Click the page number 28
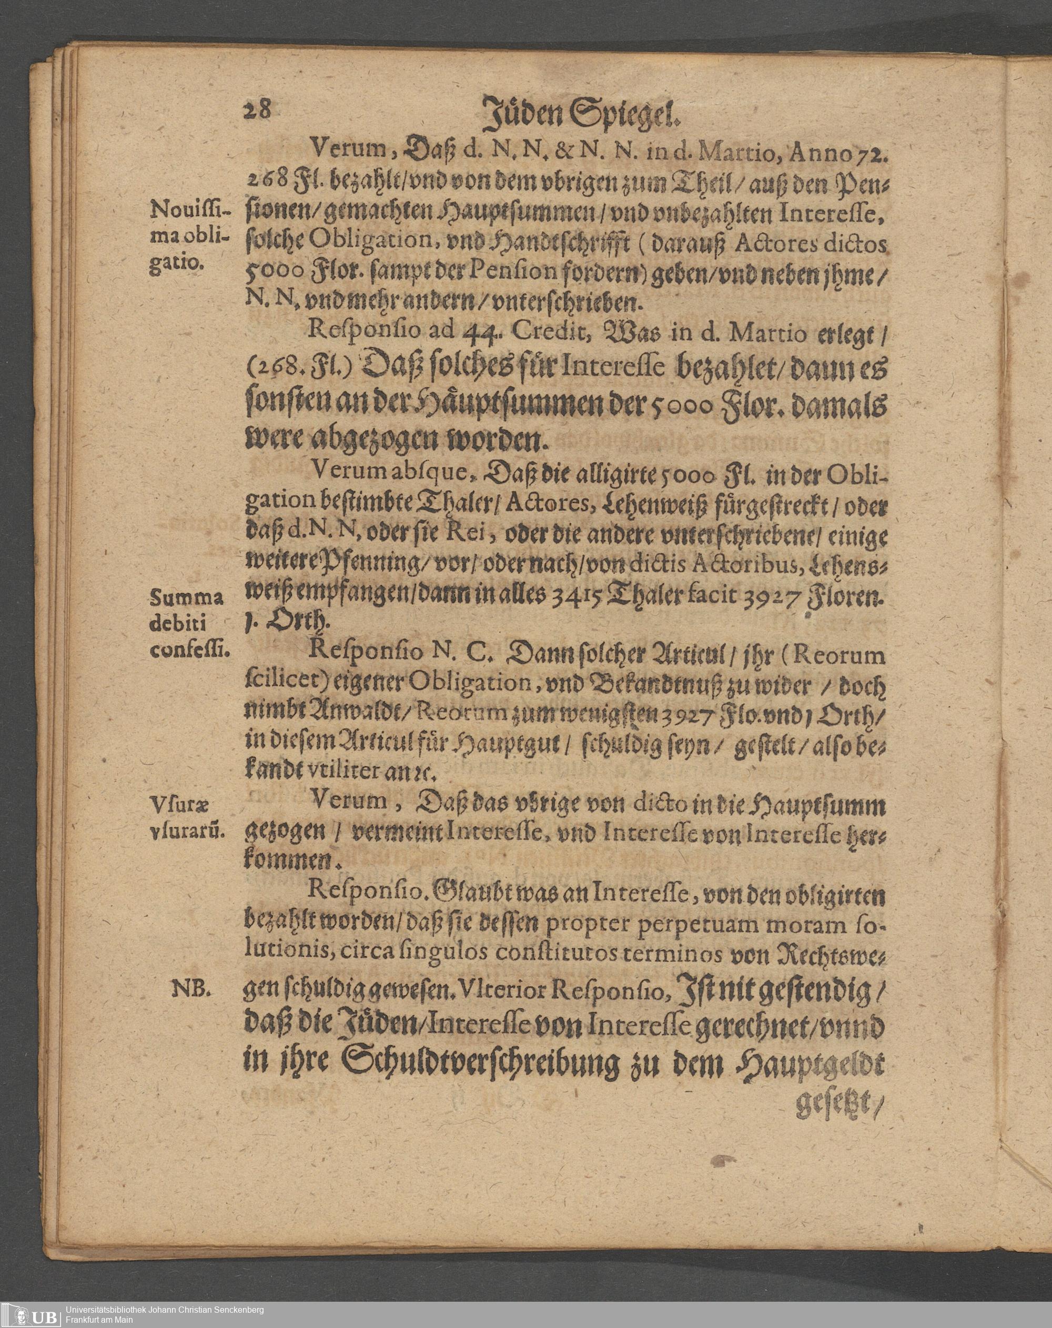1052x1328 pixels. click(x=257, y=111)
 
